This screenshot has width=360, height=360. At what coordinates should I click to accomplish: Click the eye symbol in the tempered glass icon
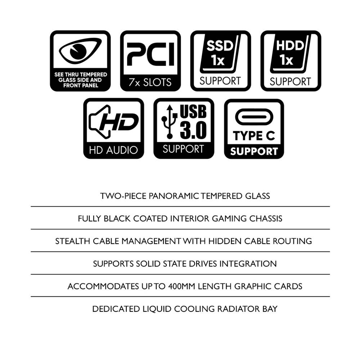click(80, 51)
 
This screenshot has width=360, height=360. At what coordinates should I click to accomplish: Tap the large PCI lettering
click(150, 54)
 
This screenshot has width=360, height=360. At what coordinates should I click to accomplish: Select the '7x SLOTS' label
click(150, 82)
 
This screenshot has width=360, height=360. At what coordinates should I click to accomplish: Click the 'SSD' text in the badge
click(220, 46)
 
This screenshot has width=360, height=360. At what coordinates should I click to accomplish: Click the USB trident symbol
click(170, 122)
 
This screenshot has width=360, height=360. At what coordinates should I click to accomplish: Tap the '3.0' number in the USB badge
click(193, 130)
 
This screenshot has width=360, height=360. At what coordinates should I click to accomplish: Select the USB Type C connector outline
click(254, 117)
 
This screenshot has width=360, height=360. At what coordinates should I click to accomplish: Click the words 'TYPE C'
click(254, 136)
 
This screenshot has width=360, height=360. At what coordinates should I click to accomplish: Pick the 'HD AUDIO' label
click(113, 150)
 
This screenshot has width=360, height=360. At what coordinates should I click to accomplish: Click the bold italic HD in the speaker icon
click(119, 122)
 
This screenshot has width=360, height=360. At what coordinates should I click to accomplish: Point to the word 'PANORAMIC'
click(174, 196)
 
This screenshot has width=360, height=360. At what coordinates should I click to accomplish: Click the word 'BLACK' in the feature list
click(117, 219)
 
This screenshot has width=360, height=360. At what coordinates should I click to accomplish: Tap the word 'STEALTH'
click(73, 241)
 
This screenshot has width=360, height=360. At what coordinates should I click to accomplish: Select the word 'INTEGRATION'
click(248, 264)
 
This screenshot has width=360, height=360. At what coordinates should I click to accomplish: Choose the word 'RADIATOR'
click(238, 309)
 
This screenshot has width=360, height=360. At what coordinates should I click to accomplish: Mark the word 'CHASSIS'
click(266, 219)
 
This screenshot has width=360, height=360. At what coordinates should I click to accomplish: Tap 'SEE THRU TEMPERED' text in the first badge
click(81, 75)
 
